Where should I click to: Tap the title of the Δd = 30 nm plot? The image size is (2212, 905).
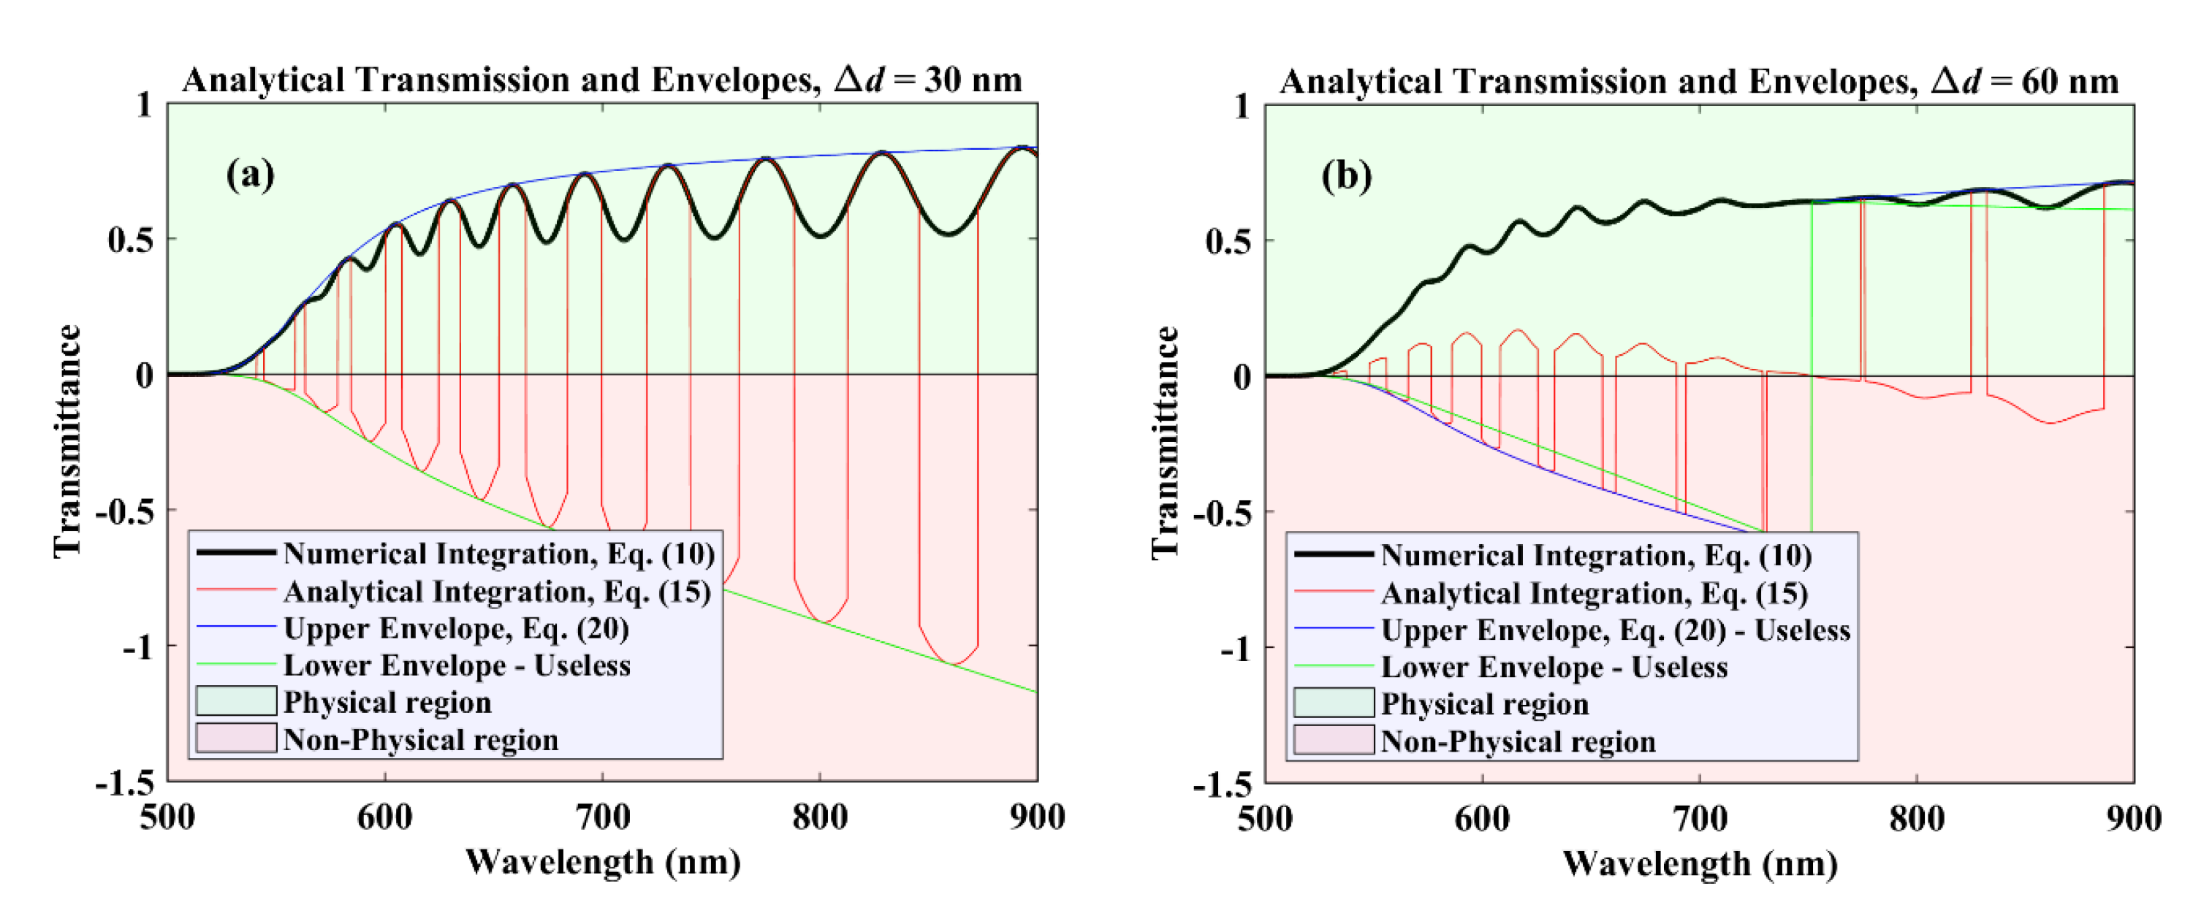pyautogui.click(x=601, y=80)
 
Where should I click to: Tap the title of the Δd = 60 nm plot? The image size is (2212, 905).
pyautogui.click(x=1698, y=82)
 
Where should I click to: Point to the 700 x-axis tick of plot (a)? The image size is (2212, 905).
pyautogui.click(x=603, y=817)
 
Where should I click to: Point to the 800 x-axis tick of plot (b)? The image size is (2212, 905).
pyautogui.click(x=1917, y=818)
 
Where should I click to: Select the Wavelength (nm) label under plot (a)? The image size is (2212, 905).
pyautogui.click(x=603, y=861)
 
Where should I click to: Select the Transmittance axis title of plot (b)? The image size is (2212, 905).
pyautogui.click(x=1166, y=442)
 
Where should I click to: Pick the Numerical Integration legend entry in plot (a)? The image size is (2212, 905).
pyautogui.click(x=498, y=554)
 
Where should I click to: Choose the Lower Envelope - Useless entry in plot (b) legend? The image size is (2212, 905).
pyautogui.click(x=1554, y=667)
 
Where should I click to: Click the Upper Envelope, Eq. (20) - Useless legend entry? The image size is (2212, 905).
pyautogui.click(x=1614, y=630)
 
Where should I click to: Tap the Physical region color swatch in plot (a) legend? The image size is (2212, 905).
pyautogui.click(x=236, y=701)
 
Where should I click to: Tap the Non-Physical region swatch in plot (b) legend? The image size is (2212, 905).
pyautogui.click(x=1334, y=740)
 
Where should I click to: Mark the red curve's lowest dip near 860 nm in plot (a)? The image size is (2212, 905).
pyautogui.click(x=951, y=663)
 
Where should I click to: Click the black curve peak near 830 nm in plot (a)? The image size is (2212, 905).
pyautogui.click(x=882, y=153)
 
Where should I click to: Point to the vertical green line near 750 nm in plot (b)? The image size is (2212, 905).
pyautogui.click(x=1812, y=369)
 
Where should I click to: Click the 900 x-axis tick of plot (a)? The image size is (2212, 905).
pyautogui.click(x=1036, y=817)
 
